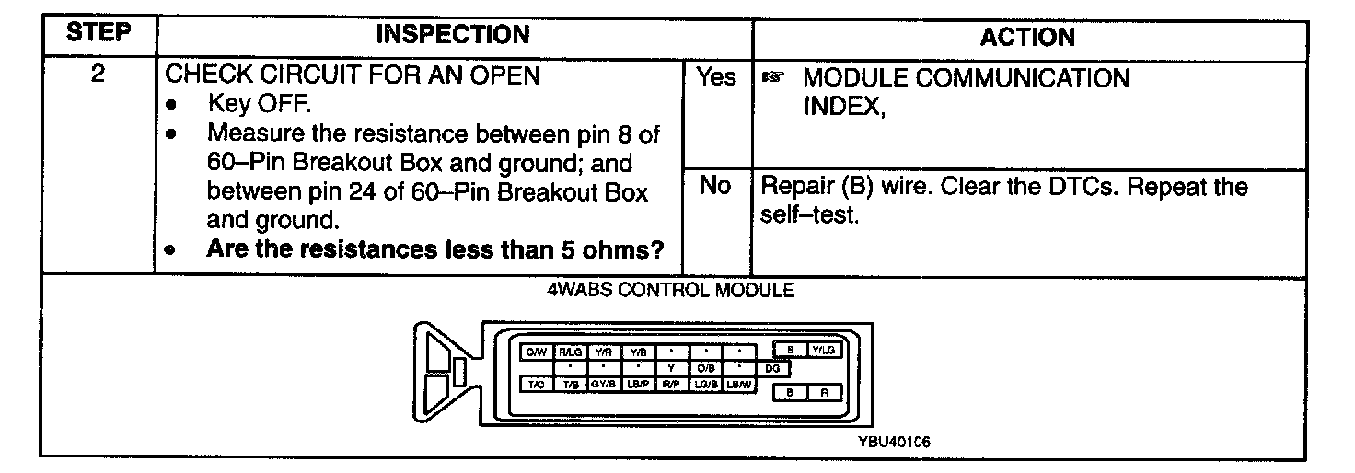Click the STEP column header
pyautogui.click(x=98, y=35)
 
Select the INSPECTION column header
pyautogui.click(x=454, y=35)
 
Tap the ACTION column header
pyautogui.click(x=1027, y=37)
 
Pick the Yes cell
pyautogui.click(x=716, y=78)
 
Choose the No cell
pyautogui.click(x=715, y=186)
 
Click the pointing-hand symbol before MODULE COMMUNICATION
pyautogui.click(x=771, y=79)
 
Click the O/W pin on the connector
pyautogui.click(x=535, y=351)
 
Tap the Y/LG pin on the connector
pyautogui.click(x=822, y=350)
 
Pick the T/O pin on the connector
pyautogui.click(x=535, y=385)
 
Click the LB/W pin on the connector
pyautogui.click(x=739, y=385)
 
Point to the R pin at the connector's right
pyautogui.click(x=823, y=392)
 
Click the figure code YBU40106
pyautogui.click(x=894, y=441)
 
